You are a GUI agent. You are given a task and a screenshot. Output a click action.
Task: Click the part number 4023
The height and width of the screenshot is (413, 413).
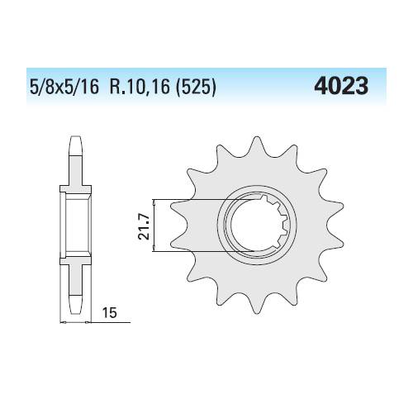tap(341, 86)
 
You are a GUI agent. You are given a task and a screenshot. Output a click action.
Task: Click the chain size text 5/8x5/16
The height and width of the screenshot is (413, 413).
tap(64, 88)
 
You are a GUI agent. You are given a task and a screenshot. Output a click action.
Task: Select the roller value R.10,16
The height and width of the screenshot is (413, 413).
tap(140, 88)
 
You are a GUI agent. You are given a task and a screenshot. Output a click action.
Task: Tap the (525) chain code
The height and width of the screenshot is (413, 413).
tap(196, 88)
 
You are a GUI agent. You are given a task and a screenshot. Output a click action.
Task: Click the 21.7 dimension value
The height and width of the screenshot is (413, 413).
tap(144, 227)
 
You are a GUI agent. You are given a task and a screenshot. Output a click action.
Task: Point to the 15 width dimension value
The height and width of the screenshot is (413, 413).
tap(110, 313)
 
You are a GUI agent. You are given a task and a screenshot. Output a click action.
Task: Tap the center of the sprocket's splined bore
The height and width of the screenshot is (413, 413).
tap(257, 225)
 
